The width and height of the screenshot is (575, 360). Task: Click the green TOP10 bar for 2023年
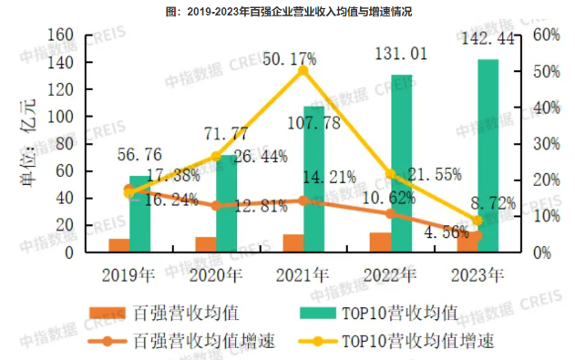[x=488, y=155]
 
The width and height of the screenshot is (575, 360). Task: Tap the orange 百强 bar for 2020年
[x=206, y=244]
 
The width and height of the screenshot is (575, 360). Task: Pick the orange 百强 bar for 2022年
[x=380, y=242]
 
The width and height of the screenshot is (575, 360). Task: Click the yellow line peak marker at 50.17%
[x=303, y=70]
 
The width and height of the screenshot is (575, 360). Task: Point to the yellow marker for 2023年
[x=477, y=220]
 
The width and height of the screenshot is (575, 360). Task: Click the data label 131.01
[x=395, y=57]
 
